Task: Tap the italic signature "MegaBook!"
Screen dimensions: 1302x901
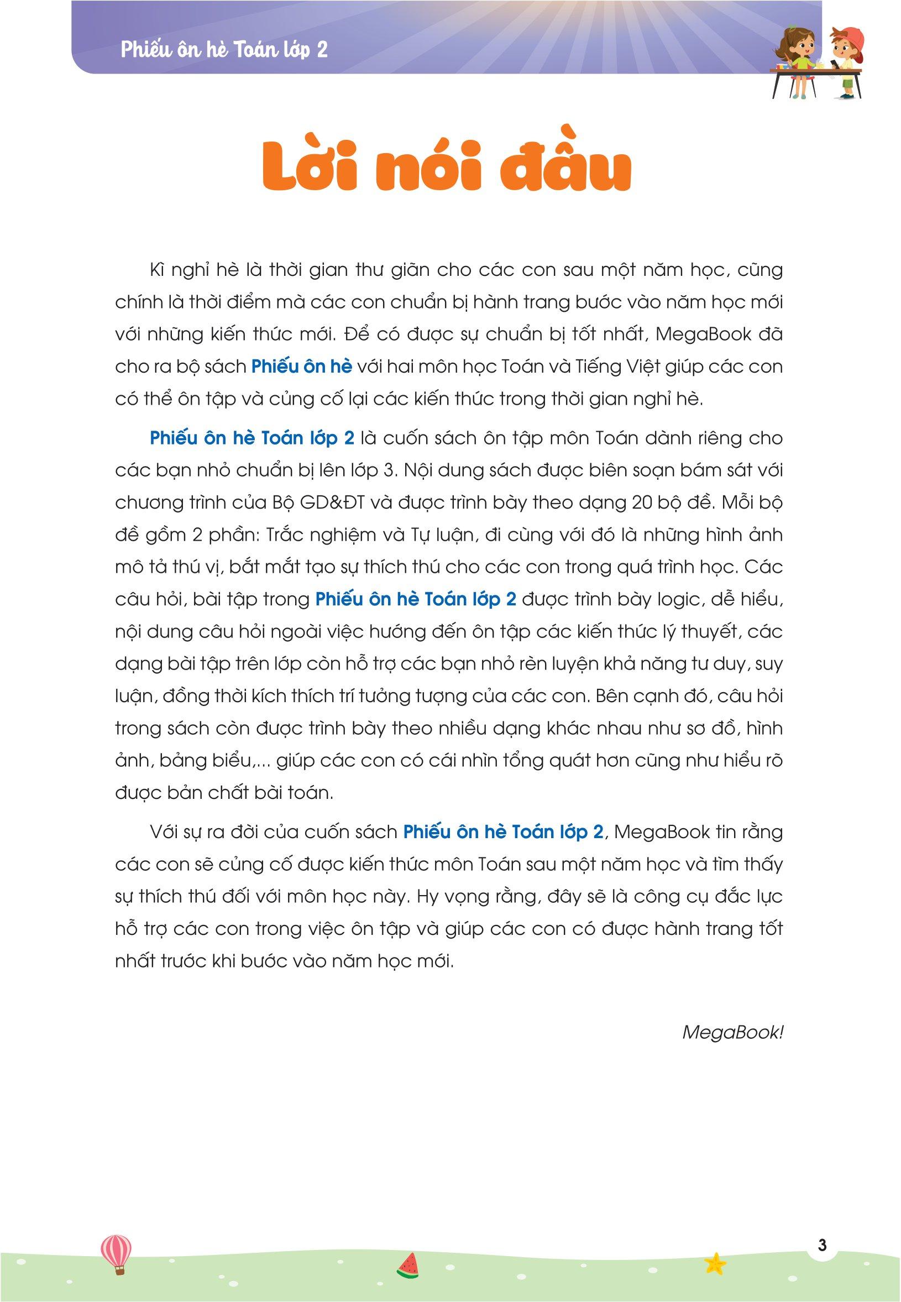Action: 732,1032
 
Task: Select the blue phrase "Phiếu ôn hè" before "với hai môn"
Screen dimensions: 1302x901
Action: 301,367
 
